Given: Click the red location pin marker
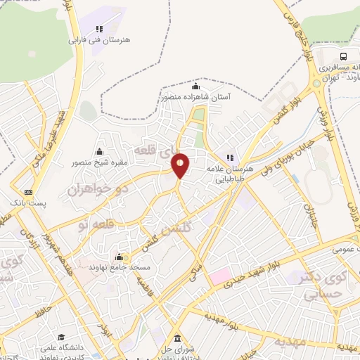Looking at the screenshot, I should (181, 165).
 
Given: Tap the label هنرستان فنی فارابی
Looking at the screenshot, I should (99, 40).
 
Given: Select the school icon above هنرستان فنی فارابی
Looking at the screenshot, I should (99, 29).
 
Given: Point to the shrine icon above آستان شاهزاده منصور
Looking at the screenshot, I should (195, 87).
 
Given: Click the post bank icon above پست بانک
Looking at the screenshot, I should (29, 192).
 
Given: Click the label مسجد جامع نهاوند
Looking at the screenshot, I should (118, 268).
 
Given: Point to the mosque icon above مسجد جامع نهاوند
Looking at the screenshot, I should (119, 257).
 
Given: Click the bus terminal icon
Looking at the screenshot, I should (343, 56).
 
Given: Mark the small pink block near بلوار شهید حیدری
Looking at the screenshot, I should (219, 275).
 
